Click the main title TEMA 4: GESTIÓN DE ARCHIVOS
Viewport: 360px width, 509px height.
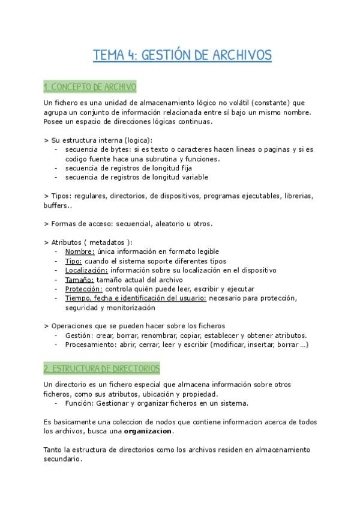tap(182, 56)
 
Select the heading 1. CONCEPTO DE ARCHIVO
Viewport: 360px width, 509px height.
tap(90, 88)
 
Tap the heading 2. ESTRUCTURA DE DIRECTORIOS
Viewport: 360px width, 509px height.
tap(101, 367)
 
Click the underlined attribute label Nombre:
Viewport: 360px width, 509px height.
tap(80, 251)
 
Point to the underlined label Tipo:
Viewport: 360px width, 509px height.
tap(73, 261)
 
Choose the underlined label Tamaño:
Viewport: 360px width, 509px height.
tap(80, 280)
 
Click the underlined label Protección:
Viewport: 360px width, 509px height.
tap(83, 289)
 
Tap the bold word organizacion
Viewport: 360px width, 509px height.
tap(148, 431)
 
